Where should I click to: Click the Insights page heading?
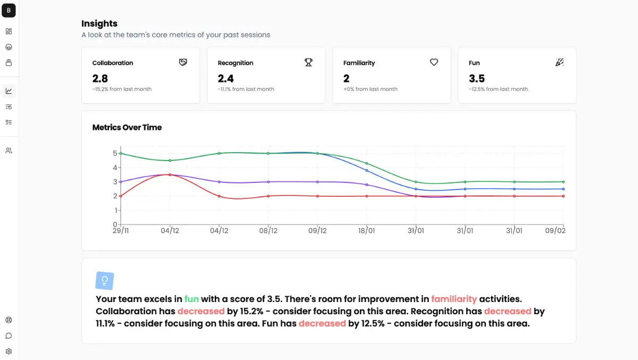tap(99, 23)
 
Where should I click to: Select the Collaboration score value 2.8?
tap(100, 79)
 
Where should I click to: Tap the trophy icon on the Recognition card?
tap(308, 62)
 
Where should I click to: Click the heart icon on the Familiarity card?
tap(434, 62)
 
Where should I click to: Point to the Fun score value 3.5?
tap(477, 79)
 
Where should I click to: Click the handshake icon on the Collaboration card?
tap(183, 62)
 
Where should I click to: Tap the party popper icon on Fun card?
tap(559, 62)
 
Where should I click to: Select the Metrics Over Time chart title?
tap(127, 128)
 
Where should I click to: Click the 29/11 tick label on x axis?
tap(121, 231)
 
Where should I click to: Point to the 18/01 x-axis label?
tap(367, 231)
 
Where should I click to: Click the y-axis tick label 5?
tap(115, 153)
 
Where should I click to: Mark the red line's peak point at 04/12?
tap(170, 174)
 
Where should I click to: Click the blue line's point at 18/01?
tap(367, 170)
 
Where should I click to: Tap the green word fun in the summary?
tap(191, 299)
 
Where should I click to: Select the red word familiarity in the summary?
tap(454, 299)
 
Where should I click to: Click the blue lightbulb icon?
tap(105, 280)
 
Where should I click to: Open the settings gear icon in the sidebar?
tap(9, 351)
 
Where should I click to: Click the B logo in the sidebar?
tap(9, 10)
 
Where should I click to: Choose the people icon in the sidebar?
tap(9, 150)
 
